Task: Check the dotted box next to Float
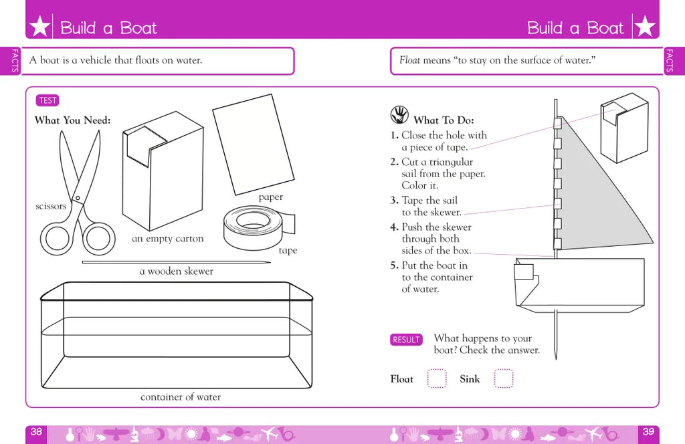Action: tap(436, 378)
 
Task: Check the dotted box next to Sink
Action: tap(503, 378)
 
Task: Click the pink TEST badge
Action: tap(47, 100)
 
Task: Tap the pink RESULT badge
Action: tap(406, 340)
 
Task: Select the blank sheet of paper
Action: tap(254, 144)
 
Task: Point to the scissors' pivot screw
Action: tap(78, 198)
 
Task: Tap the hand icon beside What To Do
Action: tap(399, 115)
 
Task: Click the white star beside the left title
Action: tap(39, 26)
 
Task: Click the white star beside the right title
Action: tap(645, 26)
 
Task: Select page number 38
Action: tap(36, 432)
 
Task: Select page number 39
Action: tap(648, 432)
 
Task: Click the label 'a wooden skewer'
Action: tap(177, 271)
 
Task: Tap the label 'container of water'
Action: tap(181, 397)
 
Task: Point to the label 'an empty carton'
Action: tap(168, 239)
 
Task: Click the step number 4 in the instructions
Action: tap(394, 227)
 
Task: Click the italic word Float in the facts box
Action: tap(410, 60)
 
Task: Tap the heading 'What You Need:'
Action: tap(72, 120)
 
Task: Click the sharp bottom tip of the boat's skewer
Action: tap(556, 359)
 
